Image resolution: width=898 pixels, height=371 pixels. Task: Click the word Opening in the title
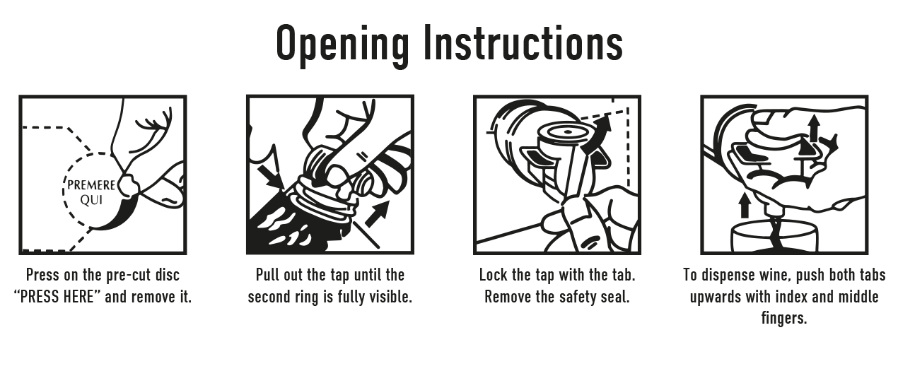(343, 45)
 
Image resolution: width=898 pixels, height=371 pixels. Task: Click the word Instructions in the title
(523, 42)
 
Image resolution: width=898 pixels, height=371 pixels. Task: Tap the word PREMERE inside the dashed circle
(91, 185)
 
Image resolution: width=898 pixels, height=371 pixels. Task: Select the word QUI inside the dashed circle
(91, 199)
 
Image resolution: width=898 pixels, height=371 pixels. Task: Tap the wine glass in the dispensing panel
(774, 237)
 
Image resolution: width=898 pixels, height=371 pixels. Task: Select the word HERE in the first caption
(79, 297)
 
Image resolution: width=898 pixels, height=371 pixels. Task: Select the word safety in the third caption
(578, 298)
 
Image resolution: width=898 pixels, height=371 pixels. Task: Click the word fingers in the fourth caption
(783, 319)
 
